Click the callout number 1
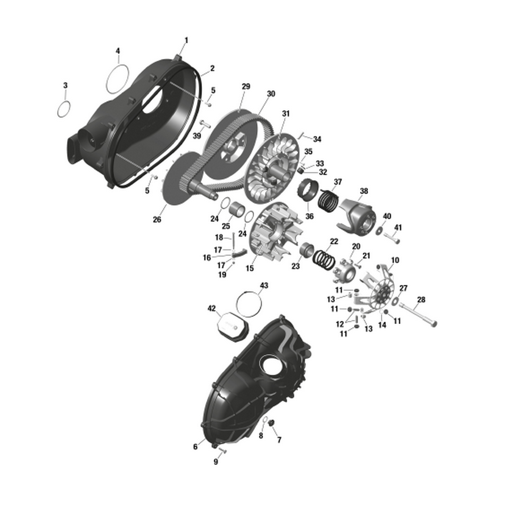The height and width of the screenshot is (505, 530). point(186,40)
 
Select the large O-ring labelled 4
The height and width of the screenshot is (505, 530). point(117,80)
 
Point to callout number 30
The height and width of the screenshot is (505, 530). point(271,94)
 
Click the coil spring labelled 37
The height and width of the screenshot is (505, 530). point(328,200)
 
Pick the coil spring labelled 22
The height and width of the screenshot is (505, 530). point(324,259)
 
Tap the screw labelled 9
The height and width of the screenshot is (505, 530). point(222,450)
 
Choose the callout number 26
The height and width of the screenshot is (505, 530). point(157,219)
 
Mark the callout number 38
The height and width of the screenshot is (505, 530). point(364,191)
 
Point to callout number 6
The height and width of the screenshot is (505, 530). point(195,447)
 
